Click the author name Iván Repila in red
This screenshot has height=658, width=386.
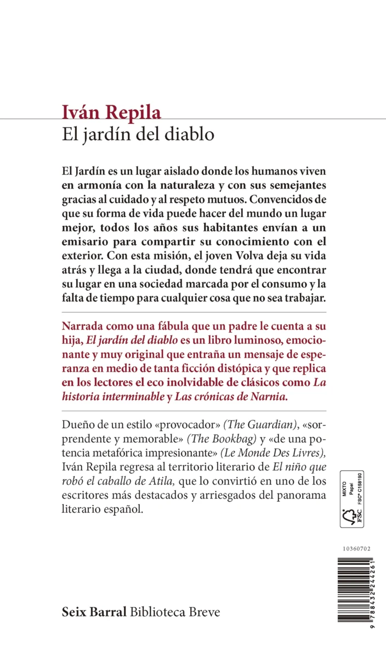112,114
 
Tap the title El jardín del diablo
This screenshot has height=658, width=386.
138,134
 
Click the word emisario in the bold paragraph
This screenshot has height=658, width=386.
88,241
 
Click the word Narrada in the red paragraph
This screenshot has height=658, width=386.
85,325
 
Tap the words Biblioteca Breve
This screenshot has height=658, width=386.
175,612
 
